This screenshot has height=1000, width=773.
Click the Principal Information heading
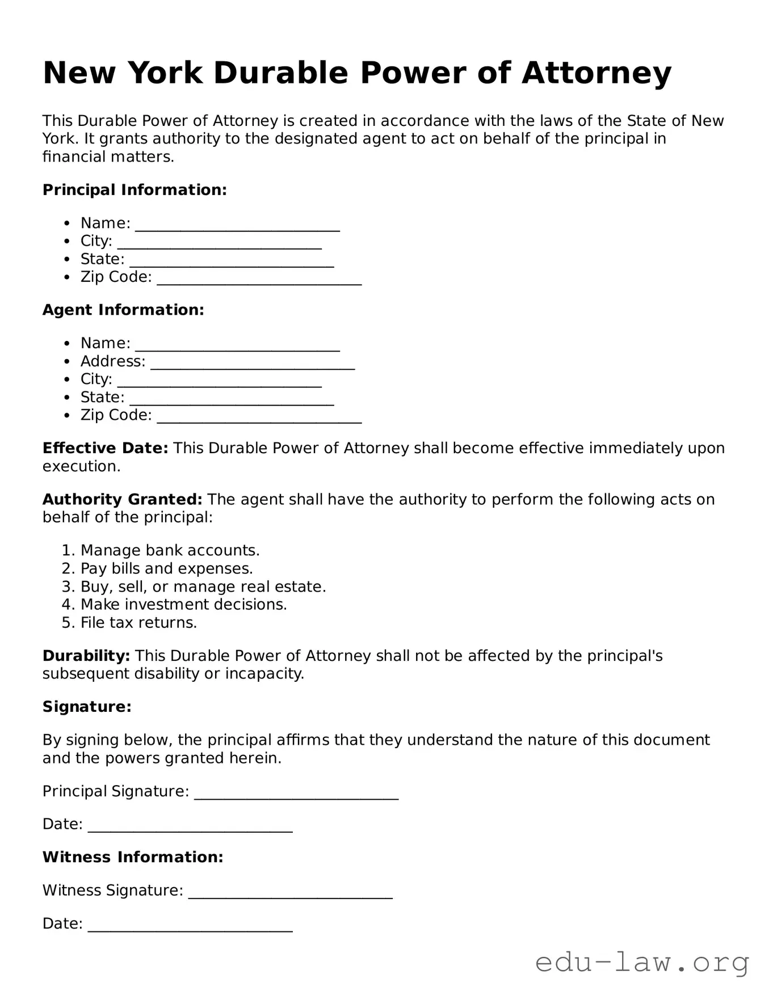pos(135,190)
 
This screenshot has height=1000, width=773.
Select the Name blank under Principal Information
pos(237,225)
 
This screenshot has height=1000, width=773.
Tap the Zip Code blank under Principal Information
pos(259,279)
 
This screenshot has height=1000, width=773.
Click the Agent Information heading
pos(123,310)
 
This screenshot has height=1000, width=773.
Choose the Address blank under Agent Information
pos(253,363)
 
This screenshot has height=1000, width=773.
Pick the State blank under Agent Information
pos(232,399)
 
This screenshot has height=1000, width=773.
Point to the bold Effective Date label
pos(105,449)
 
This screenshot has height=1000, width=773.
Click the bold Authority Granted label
pos(122,500)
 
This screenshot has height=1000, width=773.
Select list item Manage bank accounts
pos(170,551)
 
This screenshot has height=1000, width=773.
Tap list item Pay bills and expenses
pos(166,569)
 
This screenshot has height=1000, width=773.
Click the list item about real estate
pos(203,587)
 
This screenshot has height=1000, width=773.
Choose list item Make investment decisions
pos(183,605)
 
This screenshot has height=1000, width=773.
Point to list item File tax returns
pos(138,623)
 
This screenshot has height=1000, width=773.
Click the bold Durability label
pos(86,656)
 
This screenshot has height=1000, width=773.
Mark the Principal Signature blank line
pos(296,793)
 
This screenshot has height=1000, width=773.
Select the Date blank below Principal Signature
pos(190,826)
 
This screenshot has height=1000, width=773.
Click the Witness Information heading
pos(133,857)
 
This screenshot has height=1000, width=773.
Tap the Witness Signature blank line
pos(290,892)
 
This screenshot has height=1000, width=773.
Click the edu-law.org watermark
pos(642,963)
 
